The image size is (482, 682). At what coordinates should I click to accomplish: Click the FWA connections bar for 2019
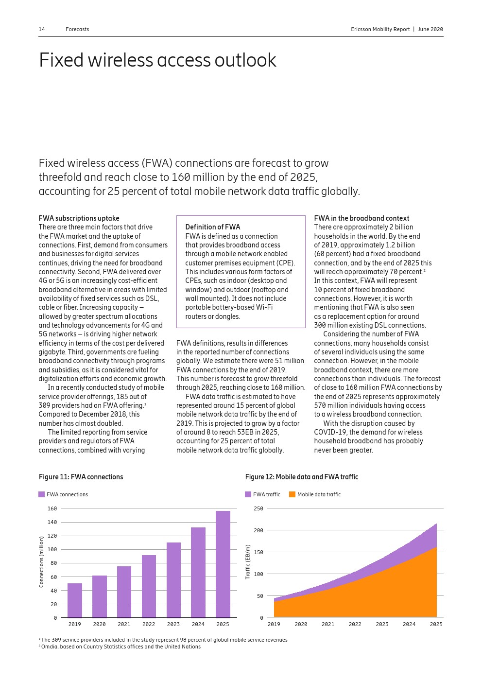click(75, 600)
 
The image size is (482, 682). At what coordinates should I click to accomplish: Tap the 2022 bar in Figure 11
click(149, 586)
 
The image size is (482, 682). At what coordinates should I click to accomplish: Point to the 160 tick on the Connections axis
click(52, 508)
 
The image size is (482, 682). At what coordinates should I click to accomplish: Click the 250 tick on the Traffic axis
click(258, 508)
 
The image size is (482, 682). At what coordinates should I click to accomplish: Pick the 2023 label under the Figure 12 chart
click(382, 624)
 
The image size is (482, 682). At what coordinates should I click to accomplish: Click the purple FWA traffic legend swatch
click(248, 494)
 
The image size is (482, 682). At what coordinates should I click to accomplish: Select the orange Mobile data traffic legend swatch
click(292, 494)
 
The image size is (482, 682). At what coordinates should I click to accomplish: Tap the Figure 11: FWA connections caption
click(81, 477)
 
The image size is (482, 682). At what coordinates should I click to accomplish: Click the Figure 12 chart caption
click(301, 477)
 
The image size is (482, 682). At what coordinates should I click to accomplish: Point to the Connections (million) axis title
click(41, 561)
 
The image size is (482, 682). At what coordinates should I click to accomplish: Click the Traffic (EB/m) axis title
click(248, 561)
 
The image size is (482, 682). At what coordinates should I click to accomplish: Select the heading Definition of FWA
click(212, 227)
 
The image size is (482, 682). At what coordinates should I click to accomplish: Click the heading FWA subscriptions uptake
click(79, 218)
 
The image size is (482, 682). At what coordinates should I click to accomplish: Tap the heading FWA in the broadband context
click(361, 218)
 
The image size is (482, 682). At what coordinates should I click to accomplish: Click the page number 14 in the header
click(42, 29)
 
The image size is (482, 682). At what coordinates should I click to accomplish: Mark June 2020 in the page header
click(430, 29)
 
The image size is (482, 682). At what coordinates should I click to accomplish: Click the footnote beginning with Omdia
click(120, 647)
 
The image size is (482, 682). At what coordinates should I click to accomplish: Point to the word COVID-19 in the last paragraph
click(328, 432)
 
